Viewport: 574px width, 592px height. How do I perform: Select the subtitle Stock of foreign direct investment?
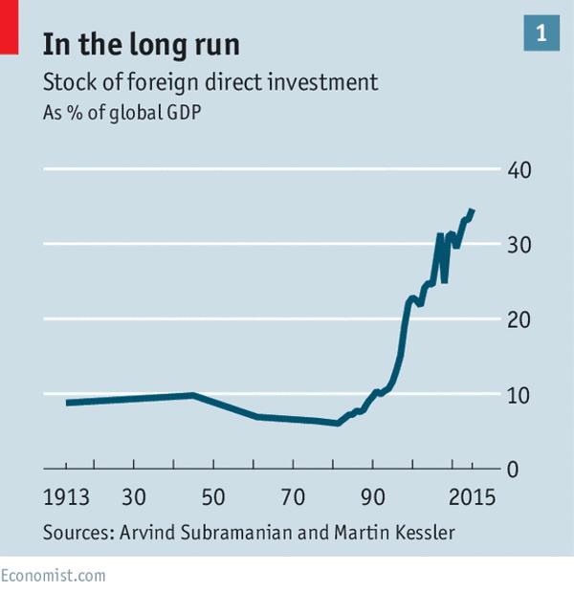tap(210, 82)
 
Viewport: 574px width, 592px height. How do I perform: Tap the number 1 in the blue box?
tap(541, 33)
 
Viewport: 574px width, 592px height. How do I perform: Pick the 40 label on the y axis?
tap(519, 170)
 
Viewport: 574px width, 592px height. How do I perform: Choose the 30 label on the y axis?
tap(519, 245)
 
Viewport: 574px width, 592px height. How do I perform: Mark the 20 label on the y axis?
tap(519, 319)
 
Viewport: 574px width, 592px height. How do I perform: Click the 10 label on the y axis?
tap(519, 394)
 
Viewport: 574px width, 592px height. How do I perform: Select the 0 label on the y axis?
tap(512, 469)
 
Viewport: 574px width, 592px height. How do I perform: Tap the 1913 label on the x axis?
tap(66, 498)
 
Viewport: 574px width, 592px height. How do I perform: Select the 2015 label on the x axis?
tap(471, 498)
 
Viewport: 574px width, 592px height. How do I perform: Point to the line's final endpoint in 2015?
tap(473, 210)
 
